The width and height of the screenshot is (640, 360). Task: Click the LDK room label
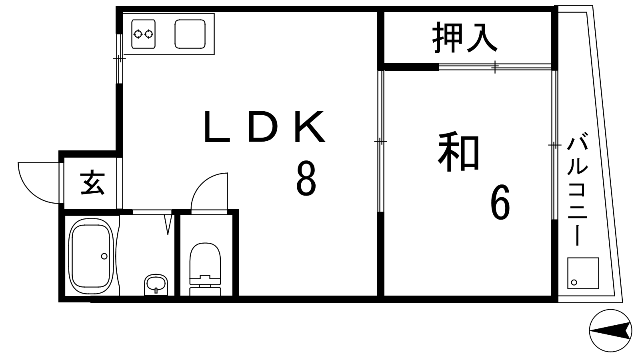(x=264, y=126)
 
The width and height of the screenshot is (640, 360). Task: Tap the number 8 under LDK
(x=306, y=178)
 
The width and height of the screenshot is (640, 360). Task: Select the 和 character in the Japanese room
(x=458, y=151)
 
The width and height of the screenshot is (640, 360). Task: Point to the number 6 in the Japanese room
(x=500, y=202)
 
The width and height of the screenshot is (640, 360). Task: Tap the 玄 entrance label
(x=92, y=183)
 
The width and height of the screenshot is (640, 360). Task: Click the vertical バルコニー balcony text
(x=578, y=188)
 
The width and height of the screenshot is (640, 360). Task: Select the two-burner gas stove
(x=144, y=34)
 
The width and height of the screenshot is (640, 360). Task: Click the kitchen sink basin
(x=190, y=34)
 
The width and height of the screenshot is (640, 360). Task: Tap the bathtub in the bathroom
(x=91, y=256)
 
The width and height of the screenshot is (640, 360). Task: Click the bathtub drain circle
(x=104, y=256)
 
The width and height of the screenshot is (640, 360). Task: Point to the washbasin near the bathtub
(x=156, y=284)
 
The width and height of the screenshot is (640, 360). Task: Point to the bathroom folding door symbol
(x=169, y=224)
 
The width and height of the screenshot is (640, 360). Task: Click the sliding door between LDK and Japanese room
(x=380, y=141)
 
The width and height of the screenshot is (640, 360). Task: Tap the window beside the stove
(x=120, y=58)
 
